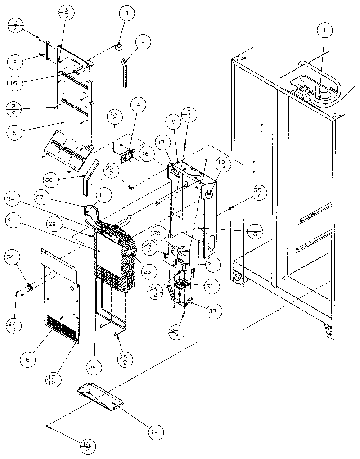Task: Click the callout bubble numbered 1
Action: pyautogui.click(x=324, y=31)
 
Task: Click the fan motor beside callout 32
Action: pyautogui.click(x=183, y=285)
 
